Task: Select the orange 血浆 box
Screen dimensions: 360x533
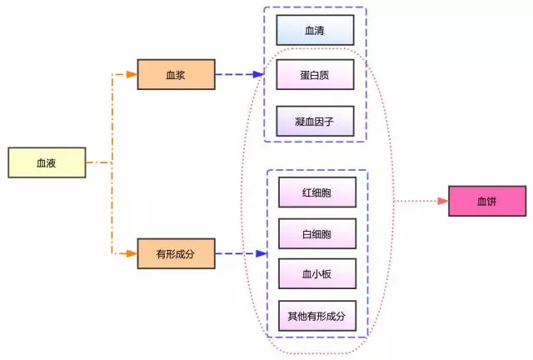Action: click(176, 74)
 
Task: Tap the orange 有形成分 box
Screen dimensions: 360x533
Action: click(176, 253)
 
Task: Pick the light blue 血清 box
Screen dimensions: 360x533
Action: click(316, 30)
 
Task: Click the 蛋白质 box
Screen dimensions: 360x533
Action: click(316, 75)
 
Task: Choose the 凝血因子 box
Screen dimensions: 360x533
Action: click(316, 121)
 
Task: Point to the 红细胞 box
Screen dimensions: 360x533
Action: click(316, 192)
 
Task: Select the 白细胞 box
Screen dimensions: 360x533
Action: click(316, 233)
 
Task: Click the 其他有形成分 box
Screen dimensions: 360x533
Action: click(316, 316)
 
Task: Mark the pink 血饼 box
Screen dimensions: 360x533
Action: click(487, 202)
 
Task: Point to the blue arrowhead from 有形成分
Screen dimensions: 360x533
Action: click(261, 253)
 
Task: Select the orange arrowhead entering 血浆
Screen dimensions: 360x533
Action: click(132, 74)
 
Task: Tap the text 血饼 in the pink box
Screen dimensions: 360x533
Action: click(487, 202)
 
